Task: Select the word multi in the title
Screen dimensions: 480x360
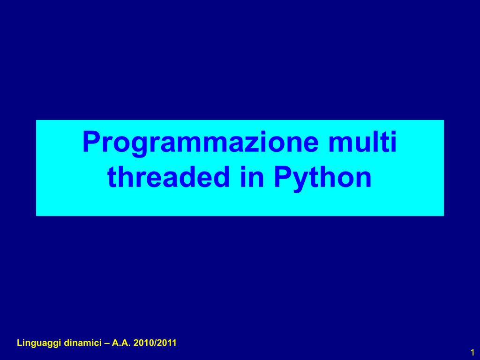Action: tap(363, 142)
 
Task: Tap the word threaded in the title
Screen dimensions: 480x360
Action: tap(169, 177)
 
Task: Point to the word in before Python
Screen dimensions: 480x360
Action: tap(252, 177)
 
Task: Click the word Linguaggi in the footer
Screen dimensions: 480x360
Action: tap(39, 343)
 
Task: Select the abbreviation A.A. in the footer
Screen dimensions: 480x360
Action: tap(121, 343)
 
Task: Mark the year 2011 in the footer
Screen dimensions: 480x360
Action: tap(167, 343)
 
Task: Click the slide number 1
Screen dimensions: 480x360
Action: tap(472, 352)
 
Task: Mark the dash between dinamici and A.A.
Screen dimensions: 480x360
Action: tap(106, 344)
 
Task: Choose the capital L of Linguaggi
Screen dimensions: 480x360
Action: tap(20, 343)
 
